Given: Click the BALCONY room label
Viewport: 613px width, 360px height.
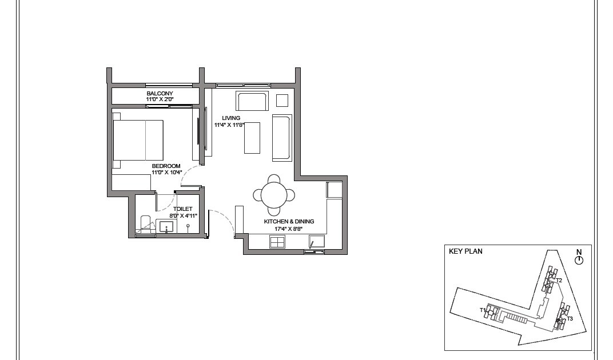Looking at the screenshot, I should pyautogui.click(x=160, y=94).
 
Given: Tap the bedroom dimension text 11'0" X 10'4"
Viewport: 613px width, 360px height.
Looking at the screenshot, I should pyautogui.click(x=166, y=172).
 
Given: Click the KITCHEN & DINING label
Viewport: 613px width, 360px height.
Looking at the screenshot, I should pyautogui.click(x=289, y=222).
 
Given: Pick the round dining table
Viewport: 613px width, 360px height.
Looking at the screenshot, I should pyautogui.click(x=274, y=195).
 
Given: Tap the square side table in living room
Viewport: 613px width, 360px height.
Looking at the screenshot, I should pyautogui.click(x=282, y=101).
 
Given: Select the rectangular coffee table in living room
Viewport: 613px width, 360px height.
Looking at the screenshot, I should pyautogui.click(x=252, y=138).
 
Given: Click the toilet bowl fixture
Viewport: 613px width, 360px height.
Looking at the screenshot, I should pyautogui.click(x=145, y=223).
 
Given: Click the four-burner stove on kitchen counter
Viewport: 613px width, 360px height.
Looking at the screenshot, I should pyautogui.click(x=277, y=242).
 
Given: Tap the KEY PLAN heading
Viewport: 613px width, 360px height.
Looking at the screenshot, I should pyautogui.click(x=465, y=251).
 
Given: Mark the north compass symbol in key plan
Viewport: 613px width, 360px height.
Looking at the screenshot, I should pyautogui.click(x=579, y=259).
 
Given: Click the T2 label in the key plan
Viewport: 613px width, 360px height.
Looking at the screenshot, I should pyautogui.click(x=559, y=281).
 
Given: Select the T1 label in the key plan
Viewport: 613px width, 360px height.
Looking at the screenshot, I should pyautogui.click(x=483, y=310).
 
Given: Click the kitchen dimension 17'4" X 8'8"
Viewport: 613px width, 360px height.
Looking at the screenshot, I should pyautogui.click(x=289, y=229).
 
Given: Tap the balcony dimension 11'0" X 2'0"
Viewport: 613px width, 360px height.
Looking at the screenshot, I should pyautogui.click(x=160, y=100).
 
